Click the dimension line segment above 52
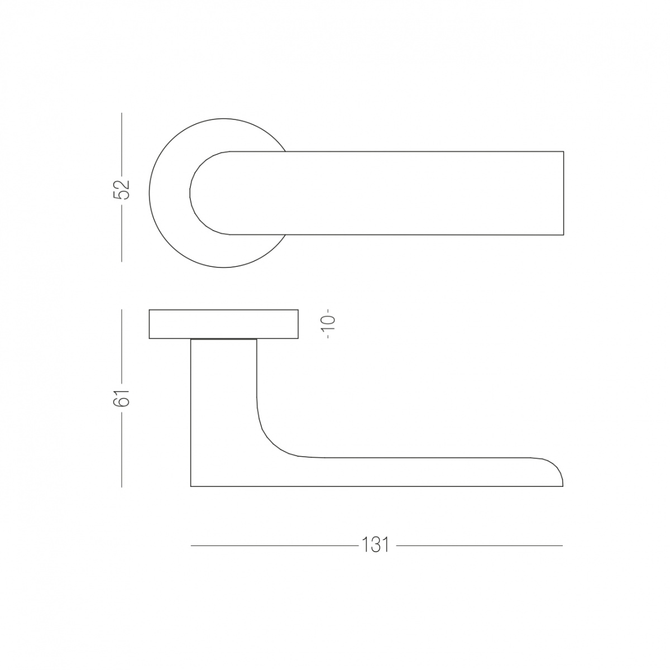point(122,143)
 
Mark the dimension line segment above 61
point(122,347)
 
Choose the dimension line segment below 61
point(122,449)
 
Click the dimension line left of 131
point(274,545)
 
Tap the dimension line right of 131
point(480,545)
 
